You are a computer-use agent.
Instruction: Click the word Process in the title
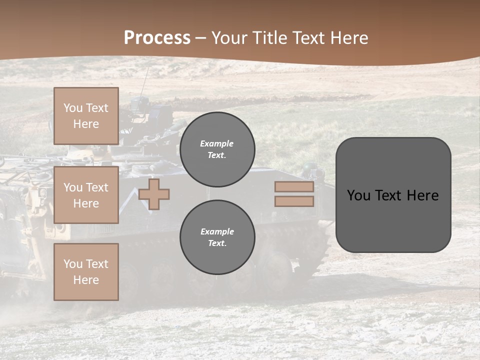point(157,38)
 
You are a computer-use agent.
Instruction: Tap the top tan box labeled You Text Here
point(86,116)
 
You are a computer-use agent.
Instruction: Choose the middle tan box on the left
point(86,195)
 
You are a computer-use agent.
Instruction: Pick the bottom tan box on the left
point(86,272)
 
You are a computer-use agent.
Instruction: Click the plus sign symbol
point(154,194)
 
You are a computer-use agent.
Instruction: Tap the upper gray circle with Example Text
point(217,149)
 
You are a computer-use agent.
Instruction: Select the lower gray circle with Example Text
point(217,237)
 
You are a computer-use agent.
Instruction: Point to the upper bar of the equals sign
point(294,187)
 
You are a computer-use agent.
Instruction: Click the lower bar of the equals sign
point(294,201)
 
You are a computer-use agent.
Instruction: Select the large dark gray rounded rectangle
point(393,194)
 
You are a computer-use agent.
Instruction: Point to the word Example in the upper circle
point(217,143)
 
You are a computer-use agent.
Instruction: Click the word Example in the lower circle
point(217,231)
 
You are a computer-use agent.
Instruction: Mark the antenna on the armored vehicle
point(145,80)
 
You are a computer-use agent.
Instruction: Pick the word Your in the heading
point(228,38)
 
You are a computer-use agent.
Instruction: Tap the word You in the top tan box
point(72,108)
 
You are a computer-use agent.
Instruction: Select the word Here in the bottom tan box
point(86,280)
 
